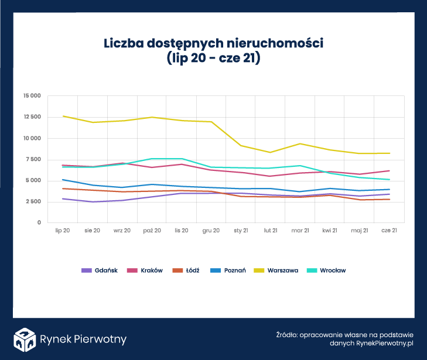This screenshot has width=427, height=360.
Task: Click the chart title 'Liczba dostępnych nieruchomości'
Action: pos(213,43)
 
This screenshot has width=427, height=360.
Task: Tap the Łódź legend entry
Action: pos(187,270)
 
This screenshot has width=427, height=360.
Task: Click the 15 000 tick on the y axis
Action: pos(31,96)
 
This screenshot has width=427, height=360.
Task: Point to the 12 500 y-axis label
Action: pos(31,117)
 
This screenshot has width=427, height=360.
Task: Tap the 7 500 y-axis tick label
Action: pos(33,159)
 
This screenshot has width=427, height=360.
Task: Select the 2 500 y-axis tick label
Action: pos(33,201)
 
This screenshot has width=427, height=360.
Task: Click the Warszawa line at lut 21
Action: pos(271,152)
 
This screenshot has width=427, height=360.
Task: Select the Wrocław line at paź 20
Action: pos(152,159)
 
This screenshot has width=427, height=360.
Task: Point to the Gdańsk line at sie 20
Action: pos(92,202)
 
